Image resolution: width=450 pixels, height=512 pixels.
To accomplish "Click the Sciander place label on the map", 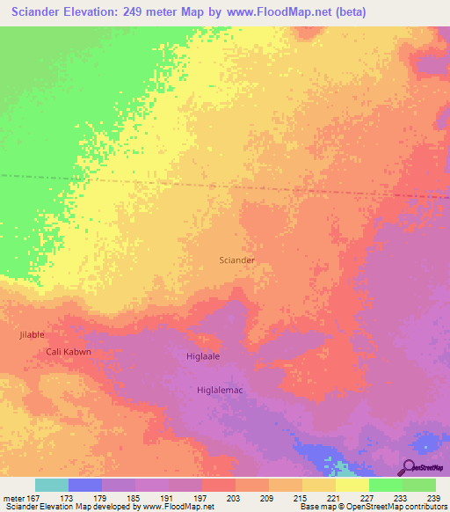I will (x=236, y=260).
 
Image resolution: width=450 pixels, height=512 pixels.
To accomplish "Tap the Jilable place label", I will (x=31, y=335).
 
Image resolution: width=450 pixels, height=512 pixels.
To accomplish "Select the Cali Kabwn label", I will (x=68, y=352).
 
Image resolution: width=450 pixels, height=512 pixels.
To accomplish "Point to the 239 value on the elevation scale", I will (x=435, y=499).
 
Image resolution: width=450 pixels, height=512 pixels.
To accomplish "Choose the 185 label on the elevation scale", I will (x=134, y=499).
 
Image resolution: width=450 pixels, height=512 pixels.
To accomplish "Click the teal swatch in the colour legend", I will (x=52, y=485).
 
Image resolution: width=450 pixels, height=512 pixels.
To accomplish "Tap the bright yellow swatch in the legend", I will (x=352, y=485).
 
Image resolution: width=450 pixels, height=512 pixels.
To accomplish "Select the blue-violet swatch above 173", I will (x=85, y=485).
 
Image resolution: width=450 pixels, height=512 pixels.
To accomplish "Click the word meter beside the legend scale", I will (x=15, y=499).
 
